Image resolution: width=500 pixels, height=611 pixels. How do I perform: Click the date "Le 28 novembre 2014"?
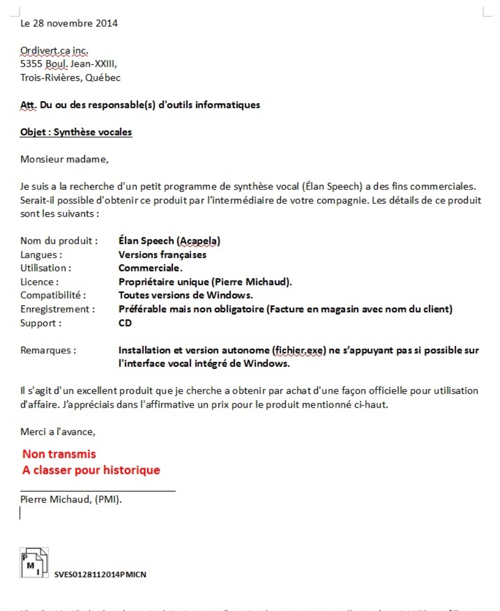coord(69,24)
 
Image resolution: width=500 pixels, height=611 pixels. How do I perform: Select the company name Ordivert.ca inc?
coord(54,53)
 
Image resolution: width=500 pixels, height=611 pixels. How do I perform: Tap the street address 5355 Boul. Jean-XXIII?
coord(69,65)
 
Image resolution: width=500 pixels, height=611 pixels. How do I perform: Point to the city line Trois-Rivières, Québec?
coord(70,77)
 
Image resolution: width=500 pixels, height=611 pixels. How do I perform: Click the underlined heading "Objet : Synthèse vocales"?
coord(76,133)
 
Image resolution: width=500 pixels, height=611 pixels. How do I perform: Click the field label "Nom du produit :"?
coord(59,242)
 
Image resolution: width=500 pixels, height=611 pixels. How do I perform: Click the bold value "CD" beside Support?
coord(125,323)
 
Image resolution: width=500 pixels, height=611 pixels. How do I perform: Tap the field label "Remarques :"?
coord(48,350)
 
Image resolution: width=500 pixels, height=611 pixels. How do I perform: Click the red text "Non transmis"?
coord(59,454)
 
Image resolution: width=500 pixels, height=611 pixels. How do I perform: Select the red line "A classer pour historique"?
coord(91,470)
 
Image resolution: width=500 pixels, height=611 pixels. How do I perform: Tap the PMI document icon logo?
coord(34,563)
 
